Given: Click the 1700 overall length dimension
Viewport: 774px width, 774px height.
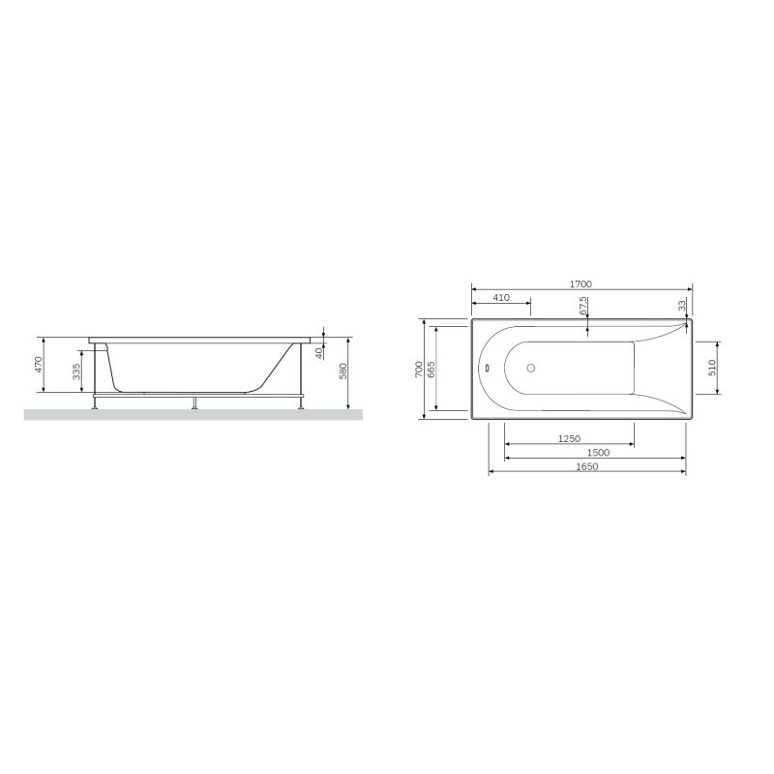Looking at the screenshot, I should click(580, 284).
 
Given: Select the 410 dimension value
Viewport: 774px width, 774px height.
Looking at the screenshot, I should click(501, 298).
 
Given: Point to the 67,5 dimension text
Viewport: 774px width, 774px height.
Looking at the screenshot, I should click(583, 306).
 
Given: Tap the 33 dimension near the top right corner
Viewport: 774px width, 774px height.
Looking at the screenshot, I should click(682, 305).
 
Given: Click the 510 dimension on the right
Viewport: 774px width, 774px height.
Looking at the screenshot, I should click(712, 368).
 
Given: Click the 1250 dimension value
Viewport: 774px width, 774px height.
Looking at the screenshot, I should click(570, 439).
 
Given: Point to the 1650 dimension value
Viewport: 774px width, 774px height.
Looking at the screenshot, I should click(587, 466).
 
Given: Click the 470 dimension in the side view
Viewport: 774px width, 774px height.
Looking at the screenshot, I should click(39, 365).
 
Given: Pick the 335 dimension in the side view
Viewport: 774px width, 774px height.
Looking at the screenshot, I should click(76, 372).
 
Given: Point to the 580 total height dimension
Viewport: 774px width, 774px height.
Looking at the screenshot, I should click(342, 372).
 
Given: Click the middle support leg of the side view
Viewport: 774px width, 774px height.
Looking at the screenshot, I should click(195, 402).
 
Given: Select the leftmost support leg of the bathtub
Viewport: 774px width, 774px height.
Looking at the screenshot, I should click(94, 402).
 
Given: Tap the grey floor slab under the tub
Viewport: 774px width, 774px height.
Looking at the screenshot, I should click(193, 414).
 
